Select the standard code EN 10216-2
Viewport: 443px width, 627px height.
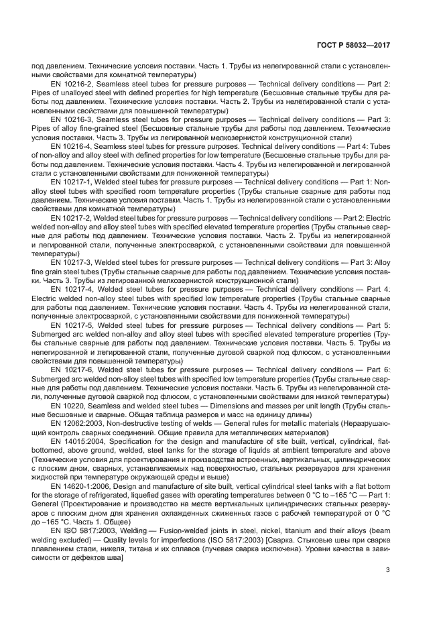(73, 83)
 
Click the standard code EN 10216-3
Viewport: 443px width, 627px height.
(73, 119)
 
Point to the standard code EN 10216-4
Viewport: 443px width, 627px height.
(73, 146)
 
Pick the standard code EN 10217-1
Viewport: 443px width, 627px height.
(73, 181)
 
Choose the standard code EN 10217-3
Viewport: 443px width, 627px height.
(73, 262)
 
